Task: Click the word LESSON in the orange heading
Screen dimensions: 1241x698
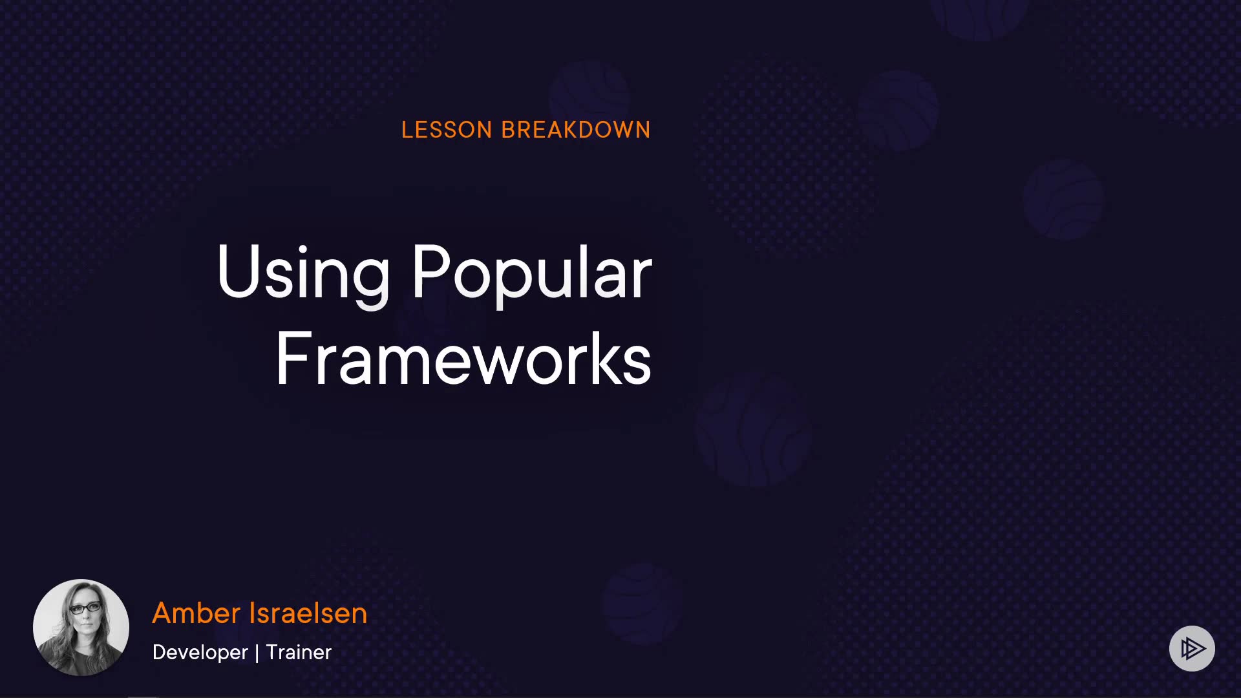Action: point(447,130)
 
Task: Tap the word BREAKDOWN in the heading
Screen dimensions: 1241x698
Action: point(576,130)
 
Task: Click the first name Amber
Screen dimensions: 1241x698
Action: point(196,613)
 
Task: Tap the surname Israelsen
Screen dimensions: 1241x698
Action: point(308,613)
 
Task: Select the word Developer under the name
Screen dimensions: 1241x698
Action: point(200,652)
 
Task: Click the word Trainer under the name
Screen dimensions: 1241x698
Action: point(299,652)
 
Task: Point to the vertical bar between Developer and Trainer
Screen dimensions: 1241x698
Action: point(257,653)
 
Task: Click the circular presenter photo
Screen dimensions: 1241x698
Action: point(81,628)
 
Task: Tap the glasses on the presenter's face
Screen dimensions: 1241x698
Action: point(85,608)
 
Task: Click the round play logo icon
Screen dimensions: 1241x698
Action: point(1192,648)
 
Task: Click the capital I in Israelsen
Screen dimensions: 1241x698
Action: point(253,613)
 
